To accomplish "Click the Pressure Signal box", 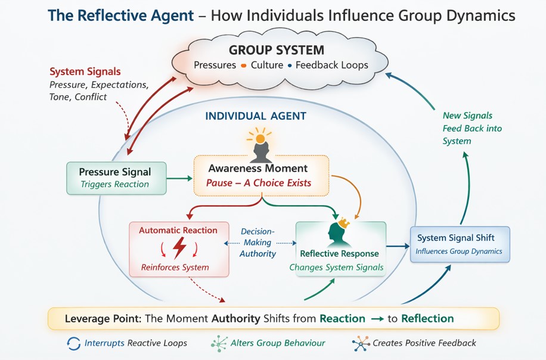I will tap(116, 178).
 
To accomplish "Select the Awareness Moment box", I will tap(261, 175).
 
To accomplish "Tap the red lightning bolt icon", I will tap(179, 247).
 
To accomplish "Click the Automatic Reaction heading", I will tap(178, 230).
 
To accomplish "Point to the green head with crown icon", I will tap(337, 234).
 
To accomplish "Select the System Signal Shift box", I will tap(460, 244).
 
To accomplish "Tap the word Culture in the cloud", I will tap(266, 65).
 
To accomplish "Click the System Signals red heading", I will tap(85, 72).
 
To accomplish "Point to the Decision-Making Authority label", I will tap(258, 243).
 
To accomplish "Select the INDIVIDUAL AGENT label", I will tap(256, 116).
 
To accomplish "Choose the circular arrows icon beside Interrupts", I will tap(74, 343).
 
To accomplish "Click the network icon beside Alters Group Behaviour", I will tap(219, 343).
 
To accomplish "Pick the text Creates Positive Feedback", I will tap(424, 343).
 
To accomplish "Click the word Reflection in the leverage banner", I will tap(427, 318).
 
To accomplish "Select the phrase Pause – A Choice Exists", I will tap(259, 183).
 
